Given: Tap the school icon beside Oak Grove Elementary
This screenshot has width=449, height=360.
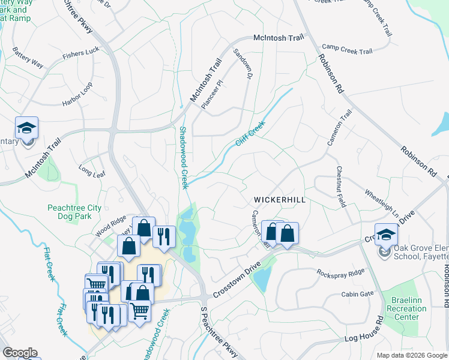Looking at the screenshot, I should point(386,234).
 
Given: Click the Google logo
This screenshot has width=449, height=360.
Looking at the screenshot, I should point(20,353).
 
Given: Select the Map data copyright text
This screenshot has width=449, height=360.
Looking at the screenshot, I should point(411,355).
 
